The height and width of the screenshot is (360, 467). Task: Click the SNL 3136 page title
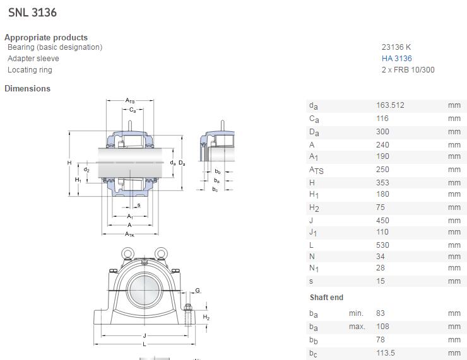(32, 12)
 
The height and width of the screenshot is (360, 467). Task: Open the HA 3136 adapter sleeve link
(396, 59)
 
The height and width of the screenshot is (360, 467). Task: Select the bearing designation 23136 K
(396, 47)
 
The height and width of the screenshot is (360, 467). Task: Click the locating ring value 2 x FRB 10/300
(408, 70)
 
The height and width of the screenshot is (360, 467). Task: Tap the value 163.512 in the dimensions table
(390, 105)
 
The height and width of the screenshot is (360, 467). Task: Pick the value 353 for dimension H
(382, 183)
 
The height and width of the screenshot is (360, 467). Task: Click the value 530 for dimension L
(382, 245)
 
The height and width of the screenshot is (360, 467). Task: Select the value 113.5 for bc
(385, 354)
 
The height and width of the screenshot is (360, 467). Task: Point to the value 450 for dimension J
(382, 221)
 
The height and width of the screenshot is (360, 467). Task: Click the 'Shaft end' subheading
(326, 298)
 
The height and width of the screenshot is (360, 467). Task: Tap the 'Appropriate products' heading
(46, 37)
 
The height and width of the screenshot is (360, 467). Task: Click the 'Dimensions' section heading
(27, 88)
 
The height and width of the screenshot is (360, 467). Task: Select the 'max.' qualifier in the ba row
(357, 327)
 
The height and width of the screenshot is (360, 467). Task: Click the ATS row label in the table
(316, 170)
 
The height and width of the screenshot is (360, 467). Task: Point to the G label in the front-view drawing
(198, 291)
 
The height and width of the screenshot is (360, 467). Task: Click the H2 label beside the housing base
(206, 318)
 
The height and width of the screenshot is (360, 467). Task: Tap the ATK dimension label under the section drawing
(129, 235)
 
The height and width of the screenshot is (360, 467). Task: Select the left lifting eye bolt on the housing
(126, 253)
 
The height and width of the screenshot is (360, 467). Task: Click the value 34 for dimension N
(381, 257)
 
